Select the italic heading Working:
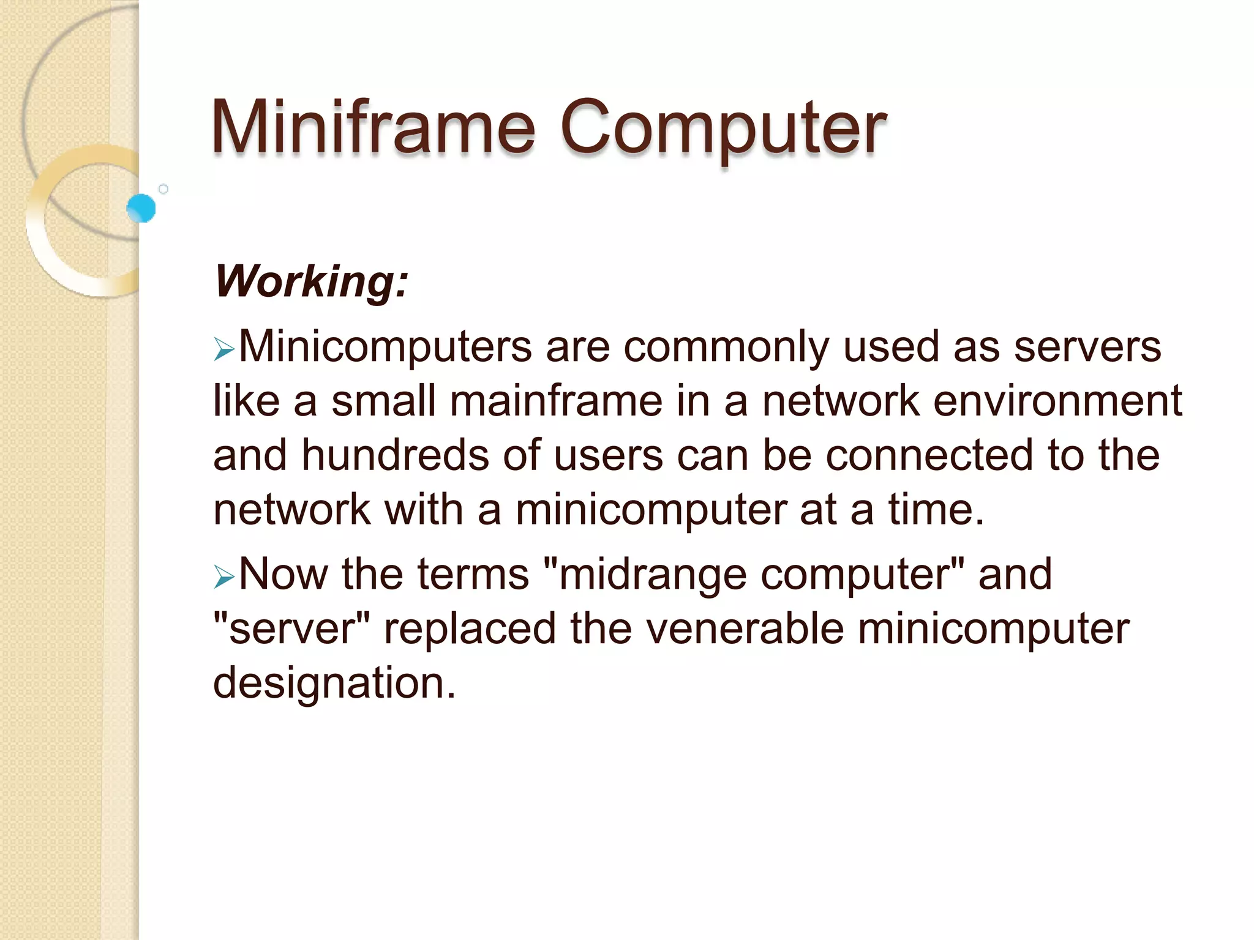(x=311, y=282)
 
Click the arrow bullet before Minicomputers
(x=224, y=350)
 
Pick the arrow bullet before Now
(x=224, y=577)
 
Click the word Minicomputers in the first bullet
(x=385, y=347)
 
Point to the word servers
(x=1087, y=347)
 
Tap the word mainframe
(x=556, y=401)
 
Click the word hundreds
(x=396, y=455)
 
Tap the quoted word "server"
(x=291, y=629)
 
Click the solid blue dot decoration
(x=141, y=208)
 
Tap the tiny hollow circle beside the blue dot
(x=163, y=189)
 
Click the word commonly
(x=726, y=347)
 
